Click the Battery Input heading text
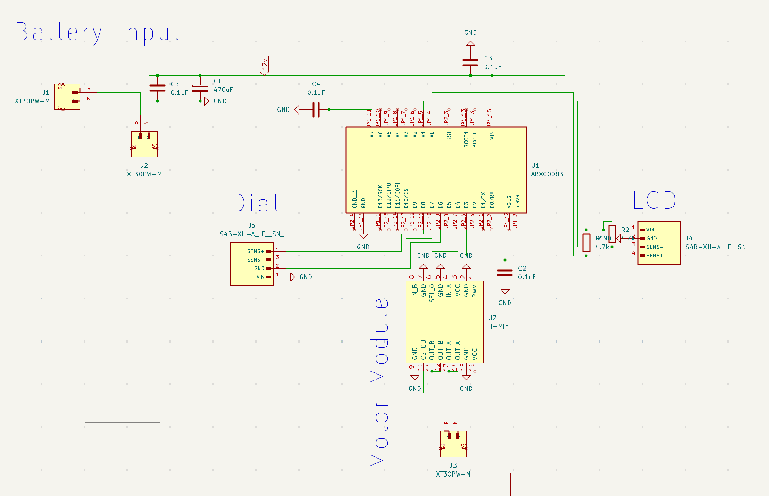[98, 33]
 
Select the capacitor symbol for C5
[157, 88]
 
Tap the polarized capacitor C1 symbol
[200, 88]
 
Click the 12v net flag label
[265, 65]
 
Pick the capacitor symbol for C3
[470, 62]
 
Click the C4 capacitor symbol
[316, 110]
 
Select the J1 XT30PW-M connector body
[67, 97]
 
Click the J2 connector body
[144, 144]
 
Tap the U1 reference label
[535, 165]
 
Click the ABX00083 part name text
[547, 174]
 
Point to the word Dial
[256, 203]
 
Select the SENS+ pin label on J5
[256, 251]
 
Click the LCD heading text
[654, 201]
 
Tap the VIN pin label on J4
[650, 230]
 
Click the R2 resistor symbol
[612, 234]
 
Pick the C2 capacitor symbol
[505, 273]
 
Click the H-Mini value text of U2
[499, 326]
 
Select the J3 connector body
[453, 444]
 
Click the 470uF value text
[223, 90]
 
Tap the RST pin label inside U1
[449, 136]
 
